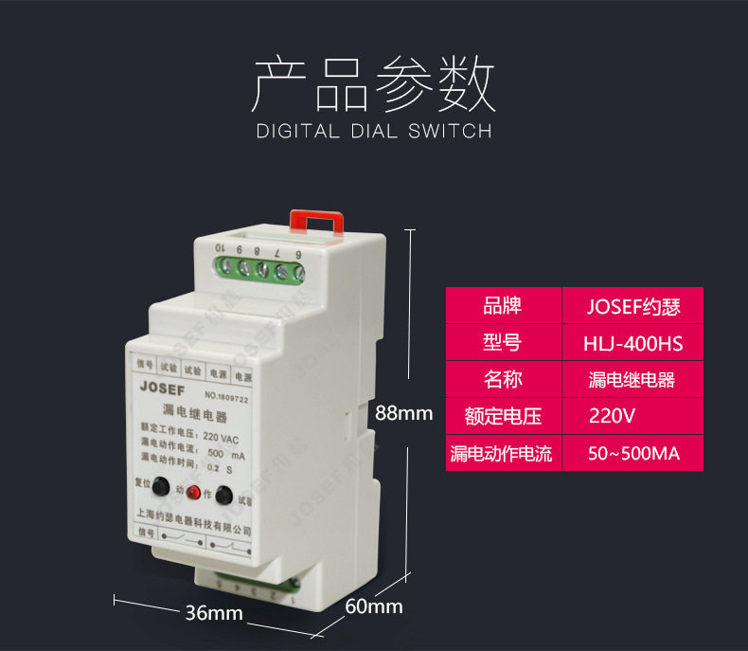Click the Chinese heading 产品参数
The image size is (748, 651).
click(x=373, y=84)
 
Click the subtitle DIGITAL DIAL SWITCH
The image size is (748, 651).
click(x=374, y=131)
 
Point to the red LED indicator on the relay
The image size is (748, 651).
click(x=193, y=493)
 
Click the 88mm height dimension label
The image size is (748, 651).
click(x=403, y=413)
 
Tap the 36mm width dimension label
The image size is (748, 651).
click(x=214, y=613)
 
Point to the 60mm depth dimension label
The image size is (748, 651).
click(x=374, y=606)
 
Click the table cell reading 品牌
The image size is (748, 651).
click(x=502, y=306)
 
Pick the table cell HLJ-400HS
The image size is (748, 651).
click(x=633, y=343)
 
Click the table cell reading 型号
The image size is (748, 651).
click(x=502, y=343)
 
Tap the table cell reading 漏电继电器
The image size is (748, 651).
click(x=633, y=380)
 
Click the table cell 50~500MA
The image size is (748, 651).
click(x=633, y=453)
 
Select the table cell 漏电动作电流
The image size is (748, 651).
click(x=502, y=453)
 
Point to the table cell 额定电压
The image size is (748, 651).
click(x=502, y=416)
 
